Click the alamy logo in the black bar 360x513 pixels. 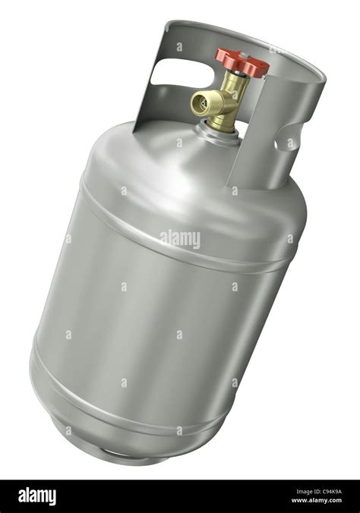(x=37, y=497)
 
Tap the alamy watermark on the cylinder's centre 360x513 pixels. (x=180, y=238)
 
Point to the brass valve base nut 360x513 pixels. (x=222, y=121)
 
